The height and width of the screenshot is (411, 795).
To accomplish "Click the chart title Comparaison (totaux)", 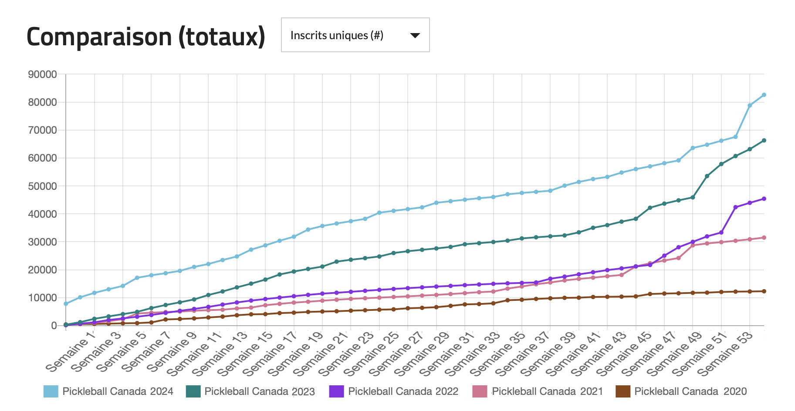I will [146, 37].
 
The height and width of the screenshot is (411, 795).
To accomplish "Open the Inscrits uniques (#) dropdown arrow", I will [415, 35].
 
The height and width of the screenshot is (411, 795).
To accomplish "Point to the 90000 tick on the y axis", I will [43, 74].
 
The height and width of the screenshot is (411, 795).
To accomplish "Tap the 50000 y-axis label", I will [43, 186].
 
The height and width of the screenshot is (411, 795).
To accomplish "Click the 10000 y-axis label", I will [43, 298].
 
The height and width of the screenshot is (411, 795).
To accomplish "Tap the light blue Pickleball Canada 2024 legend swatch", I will [51, 391].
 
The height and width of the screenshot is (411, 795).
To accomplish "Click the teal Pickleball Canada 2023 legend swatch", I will [193, 391].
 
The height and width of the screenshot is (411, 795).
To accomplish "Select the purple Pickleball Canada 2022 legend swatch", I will [337, 391].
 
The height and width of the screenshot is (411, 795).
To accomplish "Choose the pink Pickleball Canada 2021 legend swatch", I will [480, 391].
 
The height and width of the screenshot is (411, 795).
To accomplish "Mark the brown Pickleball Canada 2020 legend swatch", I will [623, 391].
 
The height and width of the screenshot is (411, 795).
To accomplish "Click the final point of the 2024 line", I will [764, 95].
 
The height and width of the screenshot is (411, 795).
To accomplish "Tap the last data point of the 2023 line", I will [764, 141].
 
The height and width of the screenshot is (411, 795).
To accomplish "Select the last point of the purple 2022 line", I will [764, 199].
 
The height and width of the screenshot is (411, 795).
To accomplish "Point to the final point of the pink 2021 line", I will [764, 238].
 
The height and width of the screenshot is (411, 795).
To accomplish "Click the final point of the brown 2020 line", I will [764, 291].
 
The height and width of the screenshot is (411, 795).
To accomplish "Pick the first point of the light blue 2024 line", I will [66, 304].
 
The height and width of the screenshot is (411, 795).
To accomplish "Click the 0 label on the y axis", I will [54, 326].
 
